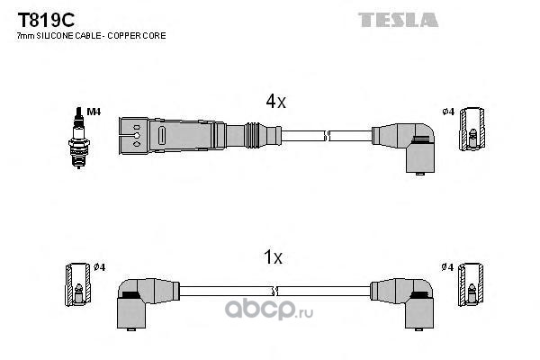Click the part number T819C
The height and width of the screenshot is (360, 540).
37,18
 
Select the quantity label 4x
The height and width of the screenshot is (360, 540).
274,103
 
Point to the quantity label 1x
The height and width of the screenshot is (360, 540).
273,258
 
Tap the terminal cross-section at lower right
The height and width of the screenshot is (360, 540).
472,283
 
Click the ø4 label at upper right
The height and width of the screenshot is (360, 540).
447,112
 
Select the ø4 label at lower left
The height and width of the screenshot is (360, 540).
100,266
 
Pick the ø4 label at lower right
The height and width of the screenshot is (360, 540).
447,266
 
